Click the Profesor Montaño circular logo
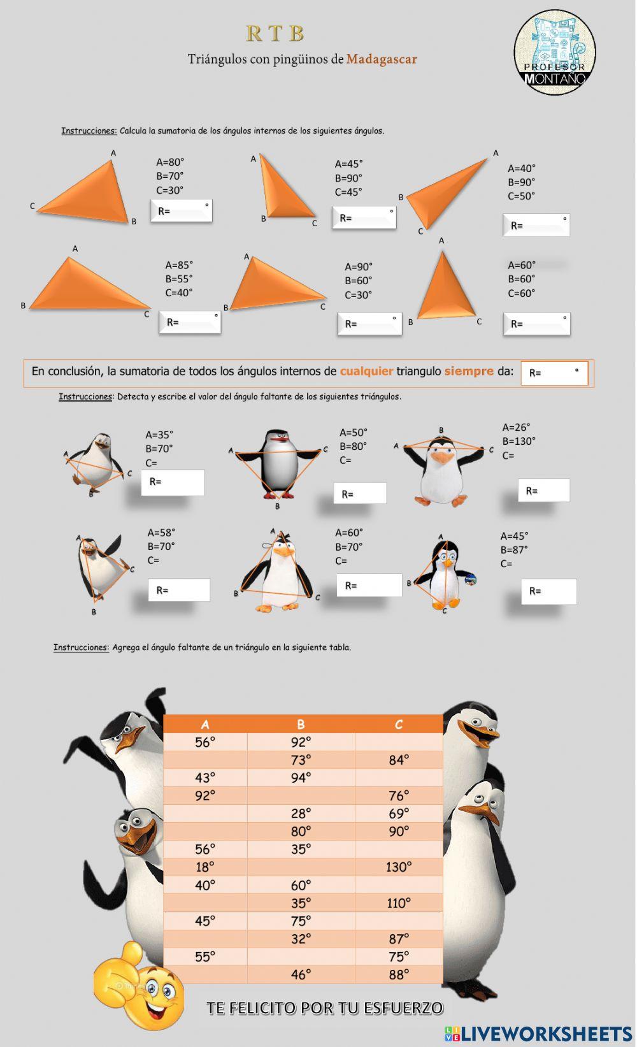click(x=555, y=52)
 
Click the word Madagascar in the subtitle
click(x=382, y=59)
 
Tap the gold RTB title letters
click(x=275, y=34)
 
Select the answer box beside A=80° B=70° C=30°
click(x=182, y=211)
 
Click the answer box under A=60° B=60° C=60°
click(x=536, y=324)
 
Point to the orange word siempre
click(x=469, y=371)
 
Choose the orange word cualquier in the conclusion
click(x=366, y=371)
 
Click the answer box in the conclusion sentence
click(x=554, y=373)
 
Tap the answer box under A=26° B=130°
click(x=543, y=490)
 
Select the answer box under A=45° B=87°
click(x=548, y=591)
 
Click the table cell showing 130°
click(x=399, y=867)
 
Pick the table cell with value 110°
click(x=399, y=903)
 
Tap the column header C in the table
click(x=399, y=725)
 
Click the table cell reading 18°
click(x=205, y=867)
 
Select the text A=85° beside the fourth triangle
click(x=179, y=265)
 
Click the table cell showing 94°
click(x=301, y=778)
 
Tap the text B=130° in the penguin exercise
click(x=519, y=441)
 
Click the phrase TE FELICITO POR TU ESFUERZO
click(x=325, y=1008)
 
